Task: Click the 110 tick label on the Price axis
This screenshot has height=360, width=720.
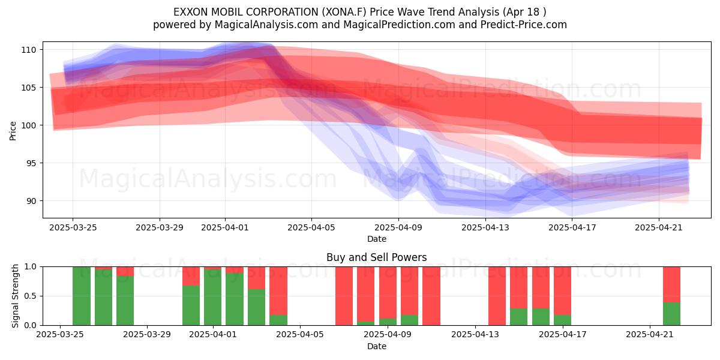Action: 29,50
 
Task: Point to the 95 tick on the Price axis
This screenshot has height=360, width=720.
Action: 31,163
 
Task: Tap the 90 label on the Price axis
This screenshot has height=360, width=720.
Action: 31,201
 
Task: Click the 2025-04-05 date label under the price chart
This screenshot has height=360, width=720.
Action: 311,227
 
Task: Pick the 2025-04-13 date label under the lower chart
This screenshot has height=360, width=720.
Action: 475,335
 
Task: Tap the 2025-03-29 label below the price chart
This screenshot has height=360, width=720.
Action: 160,227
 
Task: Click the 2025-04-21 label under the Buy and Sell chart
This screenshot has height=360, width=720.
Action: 650,335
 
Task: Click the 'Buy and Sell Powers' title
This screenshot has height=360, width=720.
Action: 377,257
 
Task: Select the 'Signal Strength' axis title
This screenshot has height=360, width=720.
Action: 15,296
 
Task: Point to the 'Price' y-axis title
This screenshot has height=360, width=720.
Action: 13,131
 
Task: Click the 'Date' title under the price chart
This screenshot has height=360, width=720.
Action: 377,239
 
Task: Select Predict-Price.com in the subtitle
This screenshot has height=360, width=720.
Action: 524,25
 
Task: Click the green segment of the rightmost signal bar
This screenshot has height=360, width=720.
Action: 672,314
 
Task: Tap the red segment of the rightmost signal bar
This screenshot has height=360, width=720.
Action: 672,284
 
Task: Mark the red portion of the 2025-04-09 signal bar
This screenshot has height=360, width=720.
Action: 409,291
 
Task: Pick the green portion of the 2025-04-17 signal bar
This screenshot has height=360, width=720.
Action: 563,320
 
